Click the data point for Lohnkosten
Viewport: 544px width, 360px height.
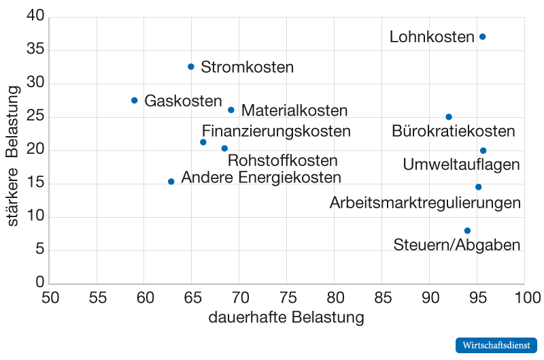(x=483, y=37)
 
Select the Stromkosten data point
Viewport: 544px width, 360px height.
(x=191, y=67)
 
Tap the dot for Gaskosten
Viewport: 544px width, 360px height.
(x=135, y=100)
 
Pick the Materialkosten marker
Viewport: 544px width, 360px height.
(x=231, y=110)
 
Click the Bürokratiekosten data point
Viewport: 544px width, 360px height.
(x=449, y=117)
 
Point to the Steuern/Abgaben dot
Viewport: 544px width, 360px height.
(x=467, y=231)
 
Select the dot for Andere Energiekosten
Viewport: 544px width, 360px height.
(x=171, y=182)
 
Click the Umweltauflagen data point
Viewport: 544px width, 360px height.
(x=483, y=150)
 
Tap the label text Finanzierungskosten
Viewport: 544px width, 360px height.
(x=276, y=131)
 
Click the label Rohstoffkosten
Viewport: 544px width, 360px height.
(x=282, y=161)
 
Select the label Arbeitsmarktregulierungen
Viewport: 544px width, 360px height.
(x=425, y=203)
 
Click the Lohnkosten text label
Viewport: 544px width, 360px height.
(x=432, y=37)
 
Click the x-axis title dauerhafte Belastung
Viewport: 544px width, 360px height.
(x=286, y=318)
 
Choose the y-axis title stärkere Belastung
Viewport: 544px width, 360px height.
(x=12, y=150)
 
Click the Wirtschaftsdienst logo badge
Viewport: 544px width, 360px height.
(x=496, y=345)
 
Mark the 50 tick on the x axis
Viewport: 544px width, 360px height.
(x=50, y=298)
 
